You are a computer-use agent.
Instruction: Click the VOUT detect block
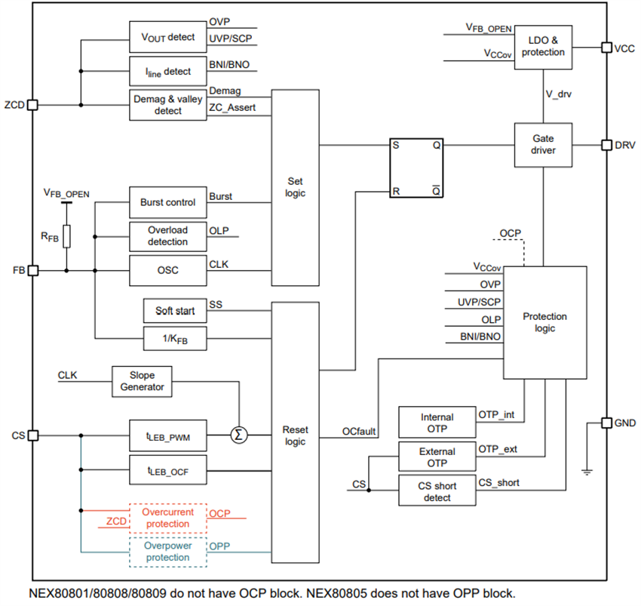(167, 37)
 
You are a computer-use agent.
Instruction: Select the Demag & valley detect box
(167, 105)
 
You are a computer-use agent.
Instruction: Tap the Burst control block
(167, 202)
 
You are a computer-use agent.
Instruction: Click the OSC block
(167, 269)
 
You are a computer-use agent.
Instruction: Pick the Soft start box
(174, 311)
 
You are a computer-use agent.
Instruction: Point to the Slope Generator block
(142, 382)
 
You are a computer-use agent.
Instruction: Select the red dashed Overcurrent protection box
(167, 518)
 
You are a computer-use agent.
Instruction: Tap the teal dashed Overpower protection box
(167, 552)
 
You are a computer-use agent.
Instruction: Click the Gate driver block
(543, 144)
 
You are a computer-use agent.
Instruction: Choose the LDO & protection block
(543, 47)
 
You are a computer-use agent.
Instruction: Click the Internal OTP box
(437, 423)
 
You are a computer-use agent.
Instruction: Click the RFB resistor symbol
(66, 236)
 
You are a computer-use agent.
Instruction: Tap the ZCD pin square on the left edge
(32, 105)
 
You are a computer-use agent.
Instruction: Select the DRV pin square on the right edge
(606, 144)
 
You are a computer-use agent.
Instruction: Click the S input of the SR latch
(396, 145)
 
